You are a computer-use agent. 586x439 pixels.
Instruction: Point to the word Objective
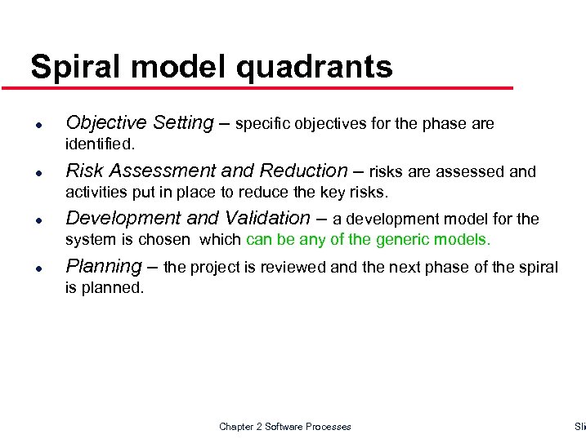point(102,123)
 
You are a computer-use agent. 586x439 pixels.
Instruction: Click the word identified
point(100,144)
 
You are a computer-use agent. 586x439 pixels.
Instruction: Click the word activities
point(94,193)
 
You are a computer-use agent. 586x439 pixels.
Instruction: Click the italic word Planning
point(103,266)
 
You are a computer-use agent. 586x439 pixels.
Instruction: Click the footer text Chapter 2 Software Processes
point(284,427)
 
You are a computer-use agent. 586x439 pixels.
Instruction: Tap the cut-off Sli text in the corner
point(580,427)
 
